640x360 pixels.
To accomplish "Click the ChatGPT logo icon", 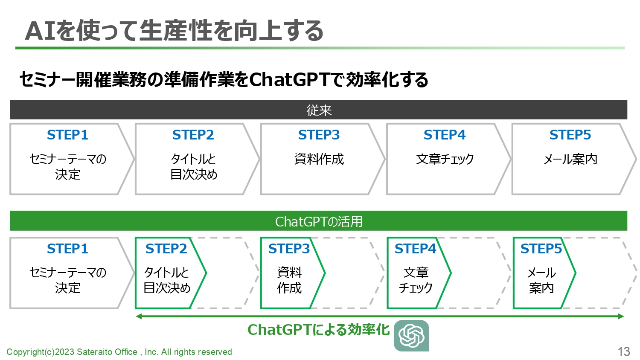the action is click(x=411, y=335).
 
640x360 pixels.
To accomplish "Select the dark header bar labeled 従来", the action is click(x=319, y=110).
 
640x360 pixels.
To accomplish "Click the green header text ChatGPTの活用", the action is click(x=319, y=221).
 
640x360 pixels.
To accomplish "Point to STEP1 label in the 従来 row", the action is click(x=67, y=135).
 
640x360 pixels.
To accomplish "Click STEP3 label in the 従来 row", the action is click(x=319, y=135).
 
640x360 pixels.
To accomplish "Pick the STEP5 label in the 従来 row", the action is click(x=570, y=135).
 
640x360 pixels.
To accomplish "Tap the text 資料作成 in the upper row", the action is click(x=319, y=159).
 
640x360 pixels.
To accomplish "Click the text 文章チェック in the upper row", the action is click(x=445, y=159).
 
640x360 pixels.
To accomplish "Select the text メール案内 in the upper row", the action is click(x=570, y=159).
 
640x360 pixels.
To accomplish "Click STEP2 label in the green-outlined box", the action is click(x=166, y=249).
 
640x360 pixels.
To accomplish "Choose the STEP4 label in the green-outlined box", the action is click(x=415, y=249).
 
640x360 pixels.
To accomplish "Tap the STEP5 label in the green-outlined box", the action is click(x=541, y=249).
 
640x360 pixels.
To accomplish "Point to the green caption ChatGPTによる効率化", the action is click(x=319, y=330).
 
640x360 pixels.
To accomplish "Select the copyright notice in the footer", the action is click(x=119, y=352).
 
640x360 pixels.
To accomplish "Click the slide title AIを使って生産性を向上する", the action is click(x=174, y=31).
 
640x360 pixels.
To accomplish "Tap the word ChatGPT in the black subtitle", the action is click(x=289, y=79).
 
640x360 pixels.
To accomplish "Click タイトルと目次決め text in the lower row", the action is click(x=167, y=280).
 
